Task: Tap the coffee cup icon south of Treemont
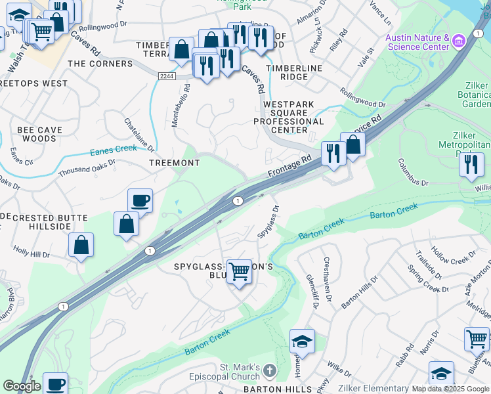[x=140, y=200]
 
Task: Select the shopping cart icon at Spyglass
[x=239, y=271]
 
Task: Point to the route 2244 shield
[x=166, y=77]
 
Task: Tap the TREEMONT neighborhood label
[x=174, y=162]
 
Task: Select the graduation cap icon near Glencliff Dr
[x=302, y=341]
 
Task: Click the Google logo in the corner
[x=22, y=386]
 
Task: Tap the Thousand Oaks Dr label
[x=87, y=167]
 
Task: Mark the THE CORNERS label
[x=100, y=64]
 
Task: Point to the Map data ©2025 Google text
[x=450, y=389]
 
